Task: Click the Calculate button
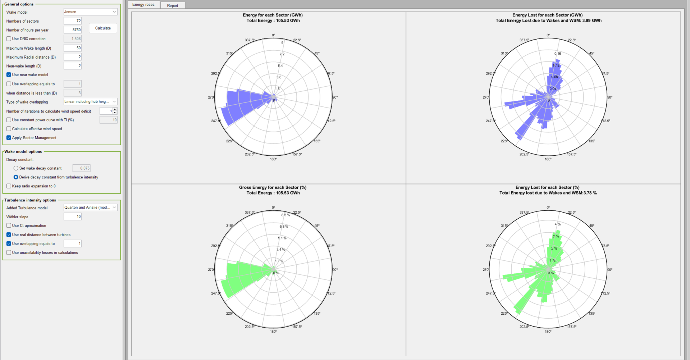tap(103, 28)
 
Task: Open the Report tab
tap(173, 5)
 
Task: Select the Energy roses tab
tap(143, 5)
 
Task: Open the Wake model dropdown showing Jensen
tap(90, 12)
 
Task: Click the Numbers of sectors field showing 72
tap(73, 21)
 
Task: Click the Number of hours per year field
tap(73, 30)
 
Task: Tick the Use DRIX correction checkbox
tap(9, 39)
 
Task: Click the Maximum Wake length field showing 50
tap(73, 48)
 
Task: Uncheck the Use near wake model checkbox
tap(9, 75)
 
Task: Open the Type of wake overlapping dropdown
tap(90, 102)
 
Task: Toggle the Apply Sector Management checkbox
tap(9, 138)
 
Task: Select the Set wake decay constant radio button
tap(16, 168)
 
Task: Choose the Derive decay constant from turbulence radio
tap(16, 177)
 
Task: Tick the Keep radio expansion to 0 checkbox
tap(9, 186)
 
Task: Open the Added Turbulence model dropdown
tap(90, 208)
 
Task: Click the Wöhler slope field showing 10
tap(73, 217)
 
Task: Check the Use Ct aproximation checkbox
tap(9, 225)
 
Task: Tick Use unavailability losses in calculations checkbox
tap(9, 252)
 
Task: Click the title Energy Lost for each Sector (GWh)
tap(547, 15)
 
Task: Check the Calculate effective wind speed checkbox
tap(9, 129)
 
